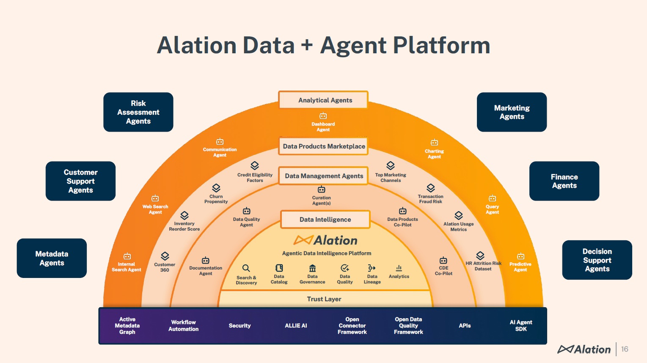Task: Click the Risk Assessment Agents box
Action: [138, 112]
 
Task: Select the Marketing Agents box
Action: [512, 112]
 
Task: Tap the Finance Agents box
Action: [564, 181]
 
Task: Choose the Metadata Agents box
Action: [52, 258]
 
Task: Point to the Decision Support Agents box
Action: [597, 260]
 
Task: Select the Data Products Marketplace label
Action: [324, 146]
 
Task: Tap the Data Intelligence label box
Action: [325, 220]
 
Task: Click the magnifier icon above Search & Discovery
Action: [246, 268]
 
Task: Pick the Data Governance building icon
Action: [312, 268]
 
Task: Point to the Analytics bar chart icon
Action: [399, 268]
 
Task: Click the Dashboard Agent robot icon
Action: [323, 116]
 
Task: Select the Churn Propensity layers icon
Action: [216, 188]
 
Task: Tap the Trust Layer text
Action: [324, 299]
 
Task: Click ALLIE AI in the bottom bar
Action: [296, 326]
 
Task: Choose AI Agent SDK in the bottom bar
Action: [521, 326]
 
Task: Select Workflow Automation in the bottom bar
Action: [183, 326]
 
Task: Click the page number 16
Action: [625, 349]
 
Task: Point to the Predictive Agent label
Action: [520, 267]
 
